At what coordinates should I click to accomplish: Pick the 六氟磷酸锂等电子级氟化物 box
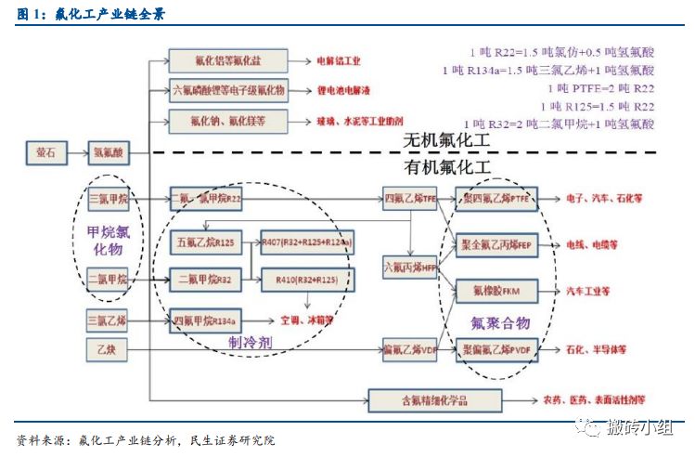[228, 91]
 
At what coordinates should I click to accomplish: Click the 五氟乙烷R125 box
[206, 243]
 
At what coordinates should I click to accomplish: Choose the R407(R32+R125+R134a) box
[308, 243]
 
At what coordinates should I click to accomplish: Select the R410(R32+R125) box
[308, 278]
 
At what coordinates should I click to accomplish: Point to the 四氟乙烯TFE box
[410, 199]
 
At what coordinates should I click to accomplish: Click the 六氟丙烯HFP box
[410, 268]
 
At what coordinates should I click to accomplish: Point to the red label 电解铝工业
[336, 61]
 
